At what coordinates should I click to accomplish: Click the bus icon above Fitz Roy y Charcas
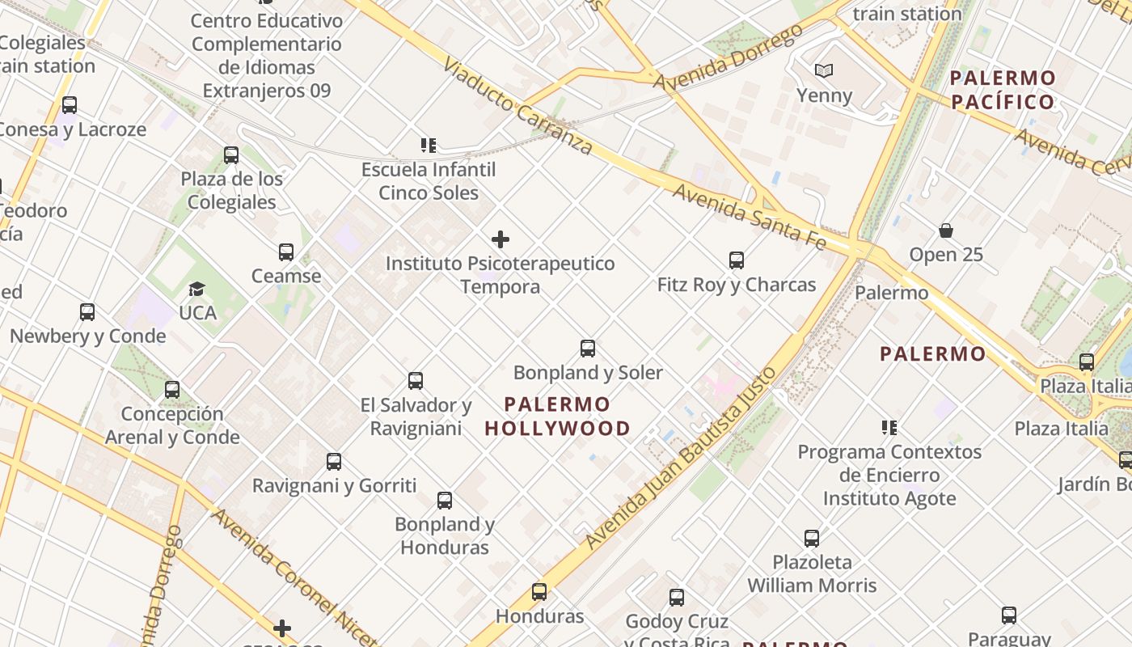[736, 260]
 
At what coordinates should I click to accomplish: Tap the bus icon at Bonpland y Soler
[588, 349]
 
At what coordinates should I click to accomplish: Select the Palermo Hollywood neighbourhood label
[557, 416]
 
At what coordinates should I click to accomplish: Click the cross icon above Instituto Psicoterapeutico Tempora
[501, 239]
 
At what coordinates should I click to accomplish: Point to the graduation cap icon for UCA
[196, 289]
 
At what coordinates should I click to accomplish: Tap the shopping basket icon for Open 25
[946, 231]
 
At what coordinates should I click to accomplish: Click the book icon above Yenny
[824, 71]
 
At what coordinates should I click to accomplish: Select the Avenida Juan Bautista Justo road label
[681, 459]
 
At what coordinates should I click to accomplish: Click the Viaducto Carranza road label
[517, 105]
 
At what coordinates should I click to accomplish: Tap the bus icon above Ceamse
[286, 252]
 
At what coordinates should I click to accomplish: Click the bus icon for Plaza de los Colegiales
[231, 155]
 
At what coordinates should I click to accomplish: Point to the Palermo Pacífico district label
[1003, 90]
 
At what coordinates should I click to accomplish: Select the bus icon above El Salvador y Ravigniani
[416, 381]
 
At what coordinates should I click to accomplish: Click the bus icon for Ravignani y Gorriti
[334, 462]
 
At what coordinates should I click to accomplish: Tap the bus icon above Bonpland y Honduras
[445, 501]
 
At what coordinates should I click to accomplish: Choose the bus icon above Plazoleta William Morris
[812, 539]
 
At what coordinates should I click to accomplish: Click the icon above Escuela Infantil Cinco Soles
[429, 146]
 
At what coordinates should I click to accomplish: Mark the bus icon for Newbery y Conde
[87, 312]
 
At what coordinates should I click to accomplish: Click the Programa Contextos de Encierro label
[889, 463]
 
